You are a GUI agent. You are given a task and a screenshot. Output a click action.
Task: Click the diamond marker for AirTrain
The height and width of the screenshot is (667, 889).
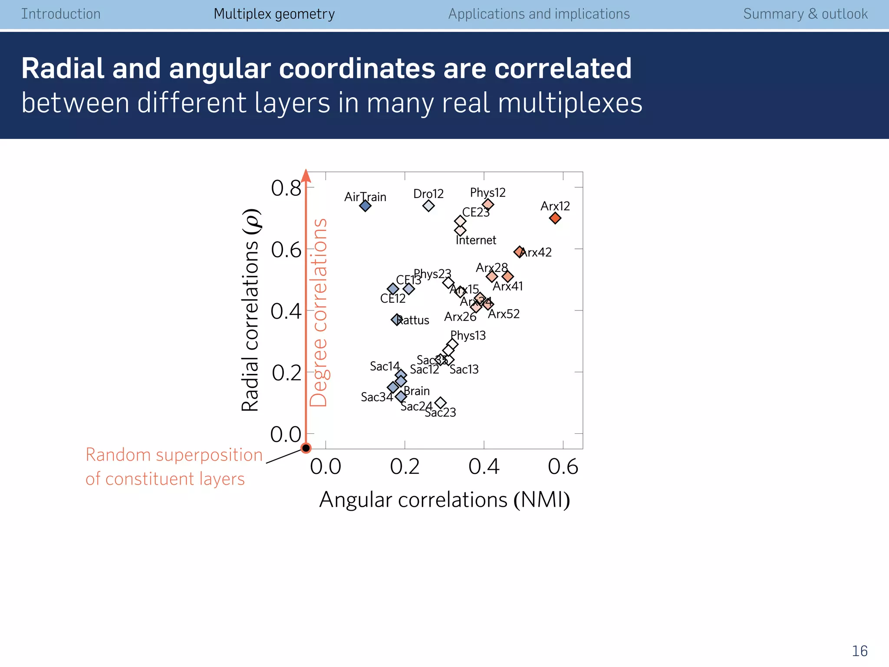click(365, 205)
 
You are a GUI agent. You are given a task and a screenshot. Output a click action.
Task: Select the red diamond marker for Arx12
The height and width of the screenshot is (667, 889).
click(555, 218)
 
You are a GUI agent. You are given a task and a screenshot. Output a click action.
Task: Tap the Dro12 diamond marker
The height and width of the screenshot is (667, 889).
click(428, 205)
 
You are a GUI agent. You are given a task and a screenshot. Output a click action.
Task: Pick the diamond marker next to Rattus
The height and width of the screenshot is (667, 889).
click(396, 320)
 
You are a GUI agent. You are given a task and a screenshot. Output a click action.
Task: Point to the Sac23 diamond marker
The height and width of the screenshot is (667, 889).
click(440, 403)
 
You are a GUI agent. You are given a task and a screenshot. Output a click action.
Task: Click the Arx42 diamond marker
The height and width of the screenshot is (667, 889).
click(519, 251)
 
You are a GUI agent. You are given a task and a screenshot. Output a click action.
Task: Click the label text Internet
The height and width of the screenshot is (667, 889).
click(476, 240)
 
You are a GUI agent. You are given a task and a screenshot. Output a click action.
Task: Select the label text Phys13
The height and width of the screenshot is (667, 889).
click(468, 335)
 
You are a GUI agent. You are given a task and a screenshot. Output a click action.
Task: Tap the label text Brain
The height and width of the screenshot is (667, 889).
click(417, 391)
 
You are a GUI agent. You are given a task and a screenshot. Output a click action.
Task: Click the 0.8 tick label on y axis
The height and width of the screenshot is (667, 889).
click(286, 188)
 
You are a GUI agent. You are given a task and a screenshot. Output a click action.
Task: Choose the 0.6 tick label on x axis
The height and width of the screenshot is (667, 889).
click(563, 467)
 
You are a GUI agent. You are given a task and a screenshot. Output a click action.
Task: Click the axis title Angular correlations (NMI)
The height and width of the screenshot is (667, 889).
click(444, 500)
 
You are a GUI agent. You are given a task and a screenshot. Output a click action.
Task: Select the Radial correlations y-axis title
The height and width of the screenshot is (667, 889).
click(251, 310)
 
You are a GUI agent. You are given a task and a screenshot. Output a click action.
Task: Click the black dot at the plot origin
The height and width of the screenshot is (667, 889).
click(306, 448)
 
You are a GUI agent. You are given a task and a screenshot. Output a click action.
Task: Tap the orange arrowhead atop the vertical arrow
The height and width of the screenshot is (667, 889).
click(306, 176)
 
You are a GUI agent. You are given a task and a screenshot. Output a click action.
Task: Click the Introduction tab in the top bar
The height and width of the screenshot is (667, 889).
click(61, 14)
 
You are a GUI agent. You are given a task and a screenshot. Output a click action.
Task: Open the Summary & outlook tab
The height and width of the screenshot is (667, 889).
click(805, 14)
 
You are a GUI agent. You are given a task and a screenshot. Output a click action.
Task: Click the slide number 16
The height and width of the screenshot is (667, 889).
click(859, 651)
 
